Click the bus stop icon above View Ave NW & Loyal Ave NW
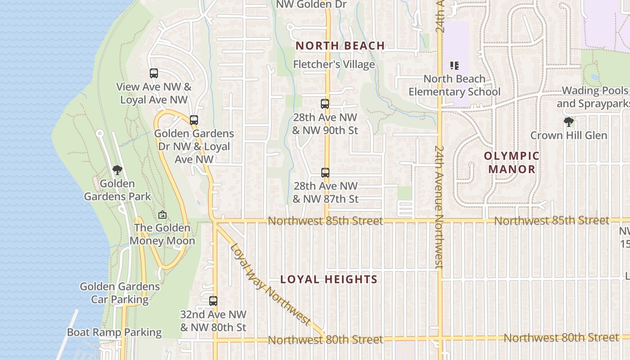point(154,73)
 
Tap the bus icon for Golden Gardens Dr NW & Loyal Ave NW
point(194,120)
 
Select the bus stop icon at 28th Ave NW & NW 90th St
point(325,104)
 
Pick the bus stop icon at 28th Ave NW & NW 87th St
point(325,172)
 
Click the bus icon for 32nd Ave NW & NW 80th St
point(213,301)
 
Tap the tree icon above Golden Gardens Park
point(117,170)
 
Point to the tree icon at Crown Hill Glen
point(569,121)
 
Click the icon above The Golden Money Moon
point(162,215)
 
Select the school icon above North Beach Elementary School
point(454,66)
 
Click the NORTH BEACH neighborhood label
point(340,46)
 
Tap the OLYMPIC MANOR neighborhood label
point(512,162)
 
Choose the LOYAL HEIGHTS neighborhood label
point(329,279)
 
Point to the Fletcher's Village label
point(334,64)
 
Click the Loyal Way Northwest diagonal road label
point(270,284)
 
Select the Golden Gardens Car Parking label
point(120,293)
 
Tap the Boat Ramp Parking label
point(114,333)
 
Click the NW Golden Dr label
point(311,4)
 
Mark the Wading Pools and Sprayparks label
point(593,97)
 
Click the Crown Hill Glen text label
point(569,135)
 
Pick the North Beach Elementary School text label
point(454,85)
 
